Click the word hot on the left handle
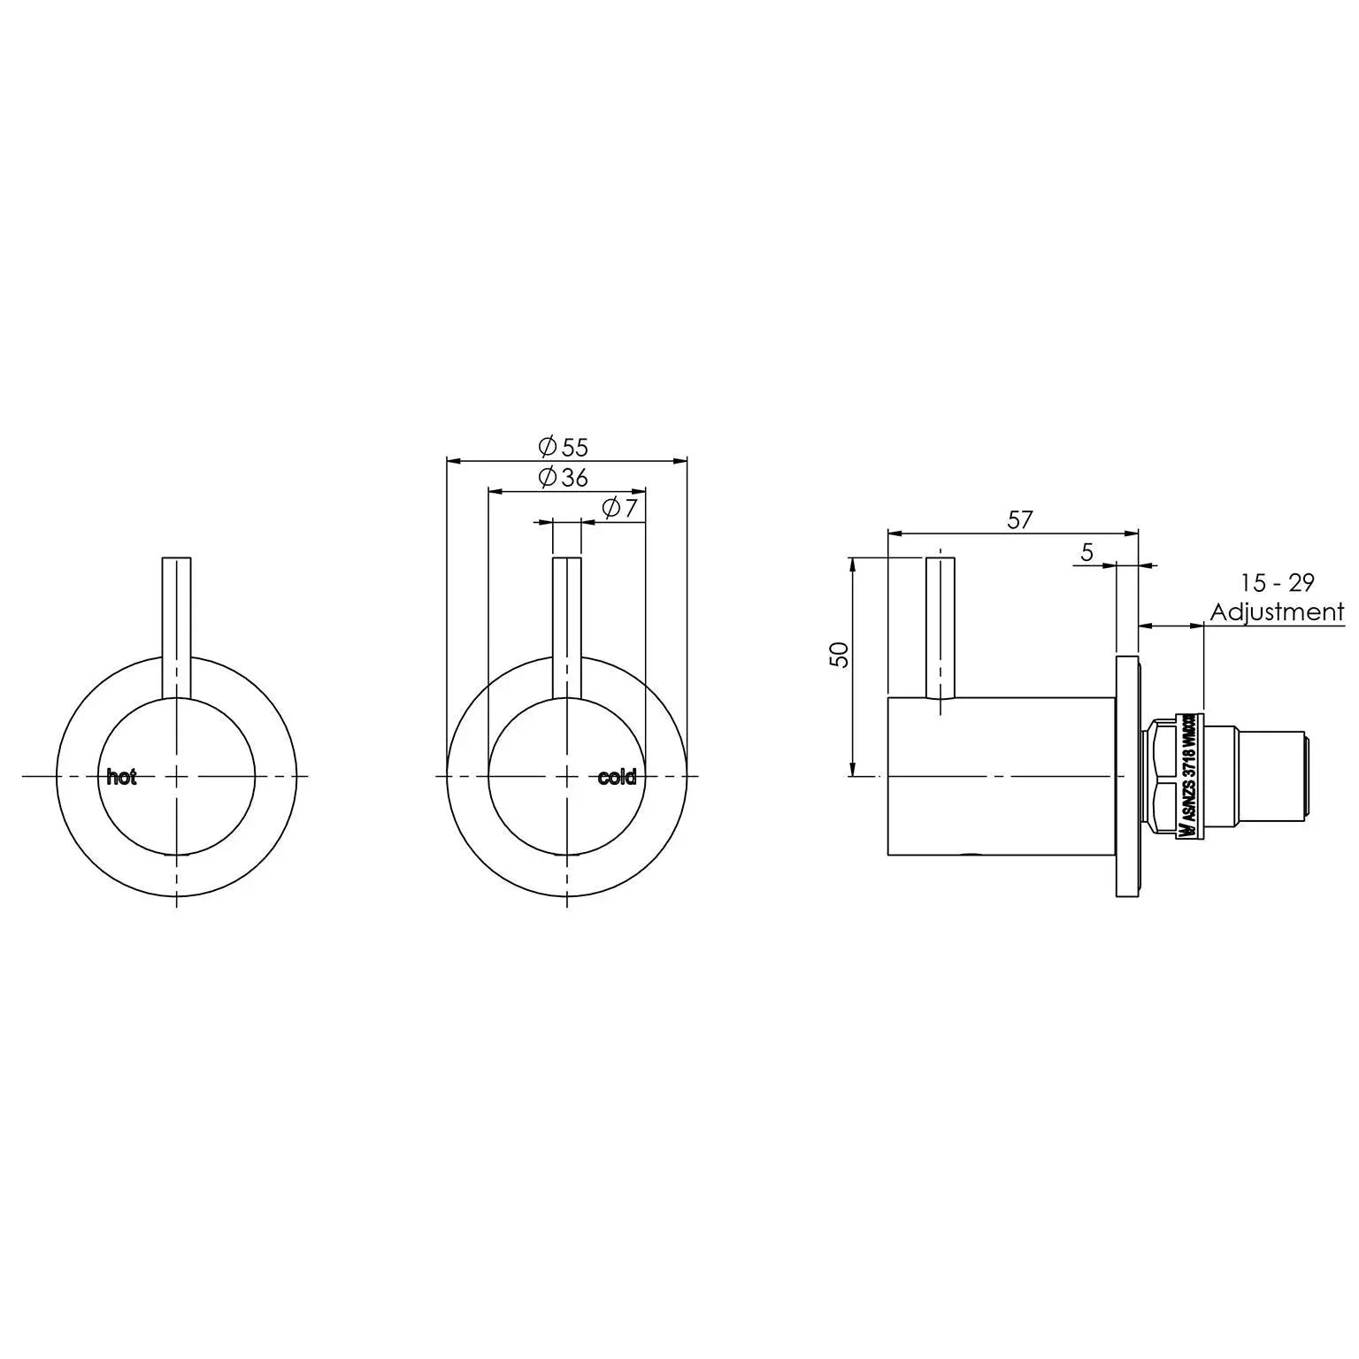click(121, 778)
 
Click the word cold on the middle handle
click(617, 778)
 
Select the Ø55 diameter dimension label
click(564, 446)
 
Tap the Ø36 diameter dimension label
click(564, 477)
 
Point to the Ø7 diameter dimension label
click(619, 508)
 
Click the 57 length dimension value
click(1019, 519)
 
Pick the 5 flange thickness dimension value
click(1086, 552)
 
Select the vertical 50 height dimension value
click(840, 654)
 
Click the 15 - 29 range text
click(1277, 582)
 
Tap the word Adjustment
click(1277, 611)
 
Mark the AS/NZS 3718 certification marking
click(1190, 777)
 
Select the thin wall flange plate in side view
click(1127, 777)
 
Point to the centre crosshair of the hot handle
click(177, 777)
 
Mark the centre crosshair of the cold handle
click(567, 777)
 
